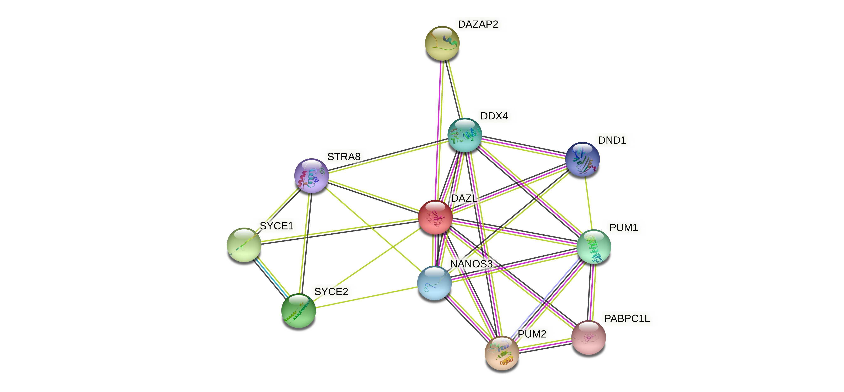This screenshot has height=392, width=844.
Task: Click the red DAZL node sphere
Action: (x=435, y=217)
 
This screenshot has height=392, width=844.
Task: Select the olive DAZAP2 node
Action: (x=442, y=43)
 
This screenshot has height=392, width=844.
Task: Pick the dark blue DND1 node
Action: (x=582, y=159)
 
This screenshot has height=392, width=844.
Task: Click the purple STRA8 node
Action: (x=311, y=175)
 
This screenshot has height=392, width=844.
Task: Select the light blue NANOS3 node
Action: (x=434, y=283)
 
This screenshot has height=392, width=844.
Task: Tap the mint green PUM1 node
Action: (x=593, y=247)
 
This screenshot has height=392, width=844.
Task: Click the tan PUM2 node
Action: (x=502, y=353)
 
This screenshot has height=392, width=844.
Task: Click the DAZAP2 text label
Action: (x=478, y=24)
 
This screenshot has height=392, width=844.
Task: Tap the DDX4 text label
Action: (x=494, y=116)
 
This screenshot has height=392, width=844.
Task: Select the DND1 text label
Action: (x=612, y=140)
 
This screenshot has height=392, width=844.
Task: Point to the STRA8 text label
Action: (x=344, y=157)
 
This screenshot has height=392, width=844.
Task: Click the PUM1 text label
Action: (x=624, y=227)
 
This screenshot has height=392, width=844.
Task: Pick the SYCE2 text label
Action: (x=331, y=292)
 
